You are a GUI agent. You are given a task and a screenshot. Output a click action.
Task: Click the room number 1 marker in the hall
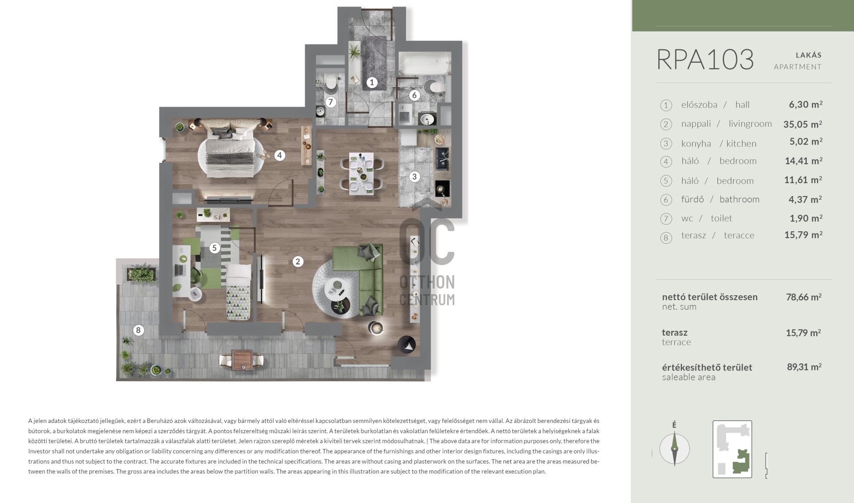pos(372,82)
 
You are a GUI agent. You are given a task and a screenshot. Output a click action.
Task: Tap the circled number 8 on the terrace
pos(138,330)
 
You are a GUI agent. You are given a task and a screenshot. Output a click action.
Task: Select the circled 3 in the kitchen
pos(415,177)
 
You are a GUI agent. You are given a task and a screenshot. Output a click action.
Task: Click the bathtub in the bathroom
pos(424,63)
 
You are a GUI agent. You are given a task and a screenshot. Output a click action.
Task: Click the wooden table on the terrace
pos(243,360)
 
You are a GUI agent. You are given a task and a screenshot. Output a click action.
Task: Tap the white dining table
pos(361,173)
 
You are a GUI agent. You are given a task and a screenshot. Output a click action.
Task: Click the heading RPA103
pos(705,60)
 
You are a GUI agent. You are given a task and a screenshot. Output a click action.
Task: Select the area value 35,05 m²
pos(803,124)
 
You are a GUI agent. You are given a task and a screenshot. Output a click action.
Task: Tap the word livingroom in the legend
pos(750,124)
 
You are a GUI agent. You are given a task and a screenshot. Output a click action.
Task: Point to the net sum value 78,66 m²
pos(804,297)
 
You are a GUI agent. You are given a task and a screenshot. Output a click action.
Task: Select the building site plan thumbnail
pos(732,449)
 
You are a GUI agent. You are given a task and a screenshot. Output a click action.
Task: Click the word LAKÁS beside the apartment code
pos(809,55)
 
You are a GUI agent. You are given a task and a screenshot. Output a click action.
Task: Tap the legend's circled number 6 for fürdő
pos(666,200)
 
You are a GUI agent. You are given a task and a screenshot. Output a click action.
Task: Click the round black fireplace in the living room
pos(407,344)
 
